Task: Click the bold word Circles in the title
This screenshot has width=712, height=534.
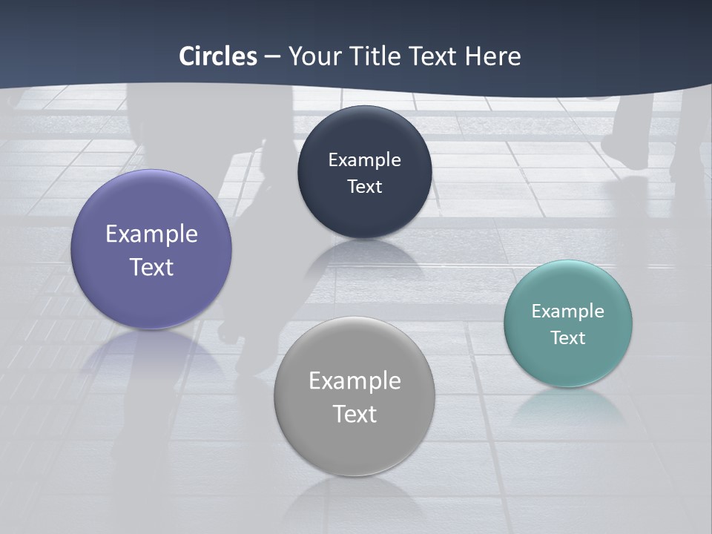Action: [x=218, y=56]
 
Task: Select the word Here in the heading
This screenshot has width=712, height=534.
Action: [x=492, y=56]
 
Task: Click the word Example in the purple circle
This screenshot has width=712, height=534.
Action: [x=151, y=234]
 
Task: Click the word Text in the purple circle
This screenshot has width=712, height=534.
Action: [x=151, y=267]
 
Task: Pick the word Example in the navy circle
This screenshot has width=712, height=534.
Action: [x=364, y=160]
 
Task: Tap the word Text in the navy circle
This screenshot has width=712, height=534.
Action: [x=364, y=187]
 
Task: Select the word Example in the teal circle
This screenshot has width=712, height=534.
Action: [x=568, y=311]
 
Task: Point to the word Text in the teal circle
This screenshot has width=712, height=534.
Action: [x=568, y=338]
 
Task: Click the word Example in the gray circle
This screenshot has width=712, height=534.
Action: [x=355, y=381]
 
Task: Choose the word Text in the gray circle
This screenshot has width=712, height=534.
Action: [x=355, y=414]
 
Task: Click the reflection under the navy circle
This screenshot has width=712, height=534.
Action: [x=364, y=256]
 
